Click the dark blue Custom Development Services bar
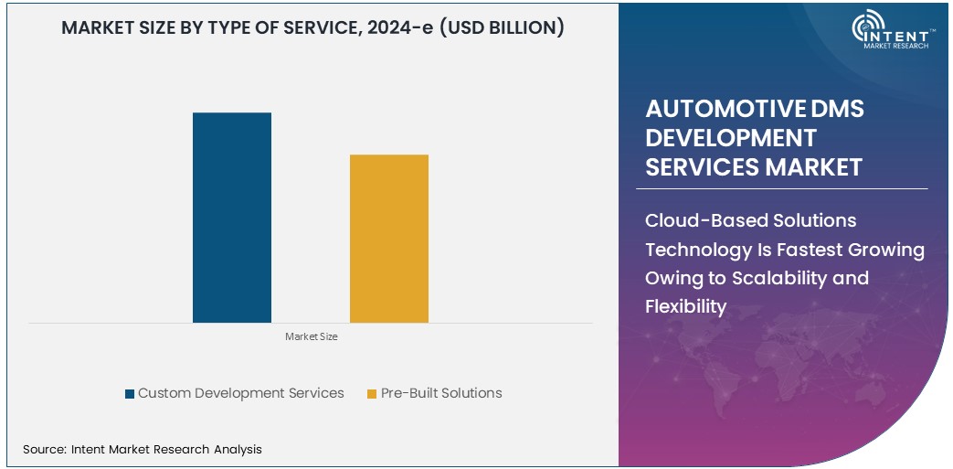[232, 218]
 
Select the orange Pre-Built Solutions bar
[389, 239]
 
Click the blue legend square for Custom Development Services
[130, 394]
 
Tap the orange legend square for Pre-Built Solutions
[372, 394]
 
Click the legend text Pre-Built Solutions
[441, 393]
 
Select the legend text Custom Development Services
[241, 393]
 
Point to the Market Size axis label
[311, 336]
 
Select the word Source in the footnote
[43, 449]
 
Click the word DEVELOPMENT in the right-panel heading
[731, 138]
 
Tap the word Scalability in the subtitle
[777, 278]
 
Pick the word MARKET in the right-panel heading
[814, 167]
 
